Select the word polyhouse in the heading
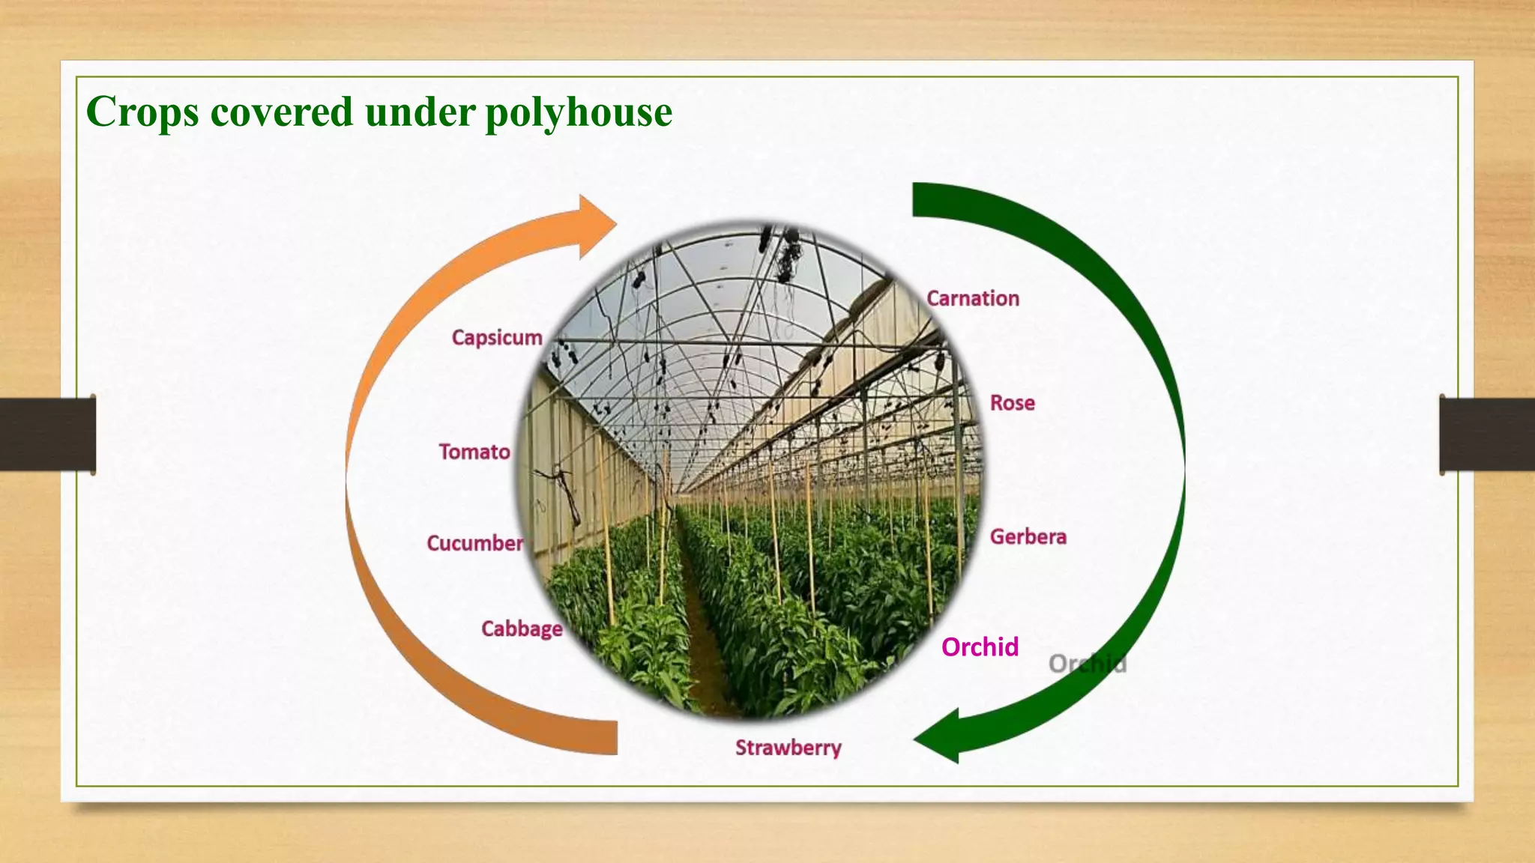click(x=579, y=112)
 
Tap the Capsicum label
click(x=497, y=338)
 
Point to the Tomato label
click(x=474, y=452)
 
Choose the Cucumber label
click(x=474, y=543)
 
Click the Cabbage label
click(x=522, y=629)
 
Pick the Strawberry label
click(x=788, y=748)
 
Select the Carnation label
click(x=973, y=298)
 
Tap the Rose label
click(x=1013, y=403)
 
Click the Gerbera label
click(x=1028, y=536)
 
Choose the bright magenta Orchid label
click(x=980, y=647)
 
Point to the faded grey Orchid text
click(x=1088, y=664)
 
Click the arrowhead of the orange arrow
click(x=596, y=225)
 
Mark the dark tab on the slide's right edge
click(x=1487, y=434)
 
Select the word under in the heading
click(x=420, y=112)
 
